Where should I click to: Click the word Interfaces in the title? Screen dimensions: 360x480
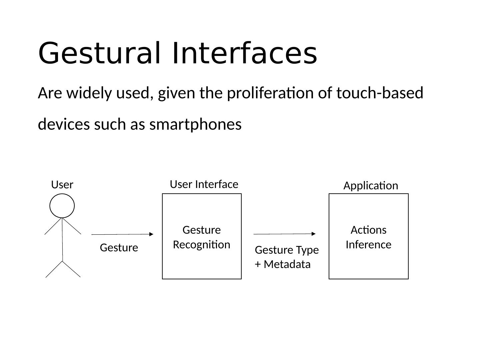(x=244, y=53)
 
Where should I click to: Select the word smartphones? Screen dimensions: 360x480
(x=195, y=125)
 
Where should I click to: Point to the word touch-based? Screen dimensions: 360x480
(x=380, y=93)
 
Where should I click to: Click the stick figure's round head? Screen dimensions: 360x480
(x=62, y=206)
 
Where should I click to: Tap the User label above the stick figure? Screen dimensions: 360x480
(x=62, y=185)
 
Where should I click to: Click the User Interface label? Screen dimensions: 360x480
(x=204, y=184)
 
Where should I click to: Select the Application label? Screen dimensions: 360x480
(x=371, y=186)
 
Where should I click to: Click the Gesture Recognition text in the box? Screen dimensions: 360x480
(x=202, y=237)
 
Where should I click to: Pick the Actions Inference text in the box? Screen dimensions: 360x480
(x=368, y=237)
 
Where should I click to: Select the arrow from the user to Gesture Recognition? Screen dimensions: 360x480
(x=122, y=234)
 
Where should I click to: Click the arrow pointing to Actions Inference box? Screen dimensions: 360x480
(x=284, y=234)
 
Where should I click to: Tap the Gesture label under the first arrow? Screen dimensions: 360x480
(x=119, y=248)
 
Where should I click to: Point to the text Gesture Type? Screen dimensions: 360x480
(x=287, y=250)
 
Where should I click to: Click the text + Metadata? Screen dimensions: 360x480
(x=283, y=264)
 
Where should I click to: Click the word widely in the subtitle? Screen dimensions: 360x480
(x=89, y=93)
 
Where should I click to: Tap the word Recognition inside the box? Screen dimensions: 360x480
(x=202, y=245)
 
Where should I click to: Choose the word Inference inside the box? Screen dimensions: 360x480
(x=368, y=245)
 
